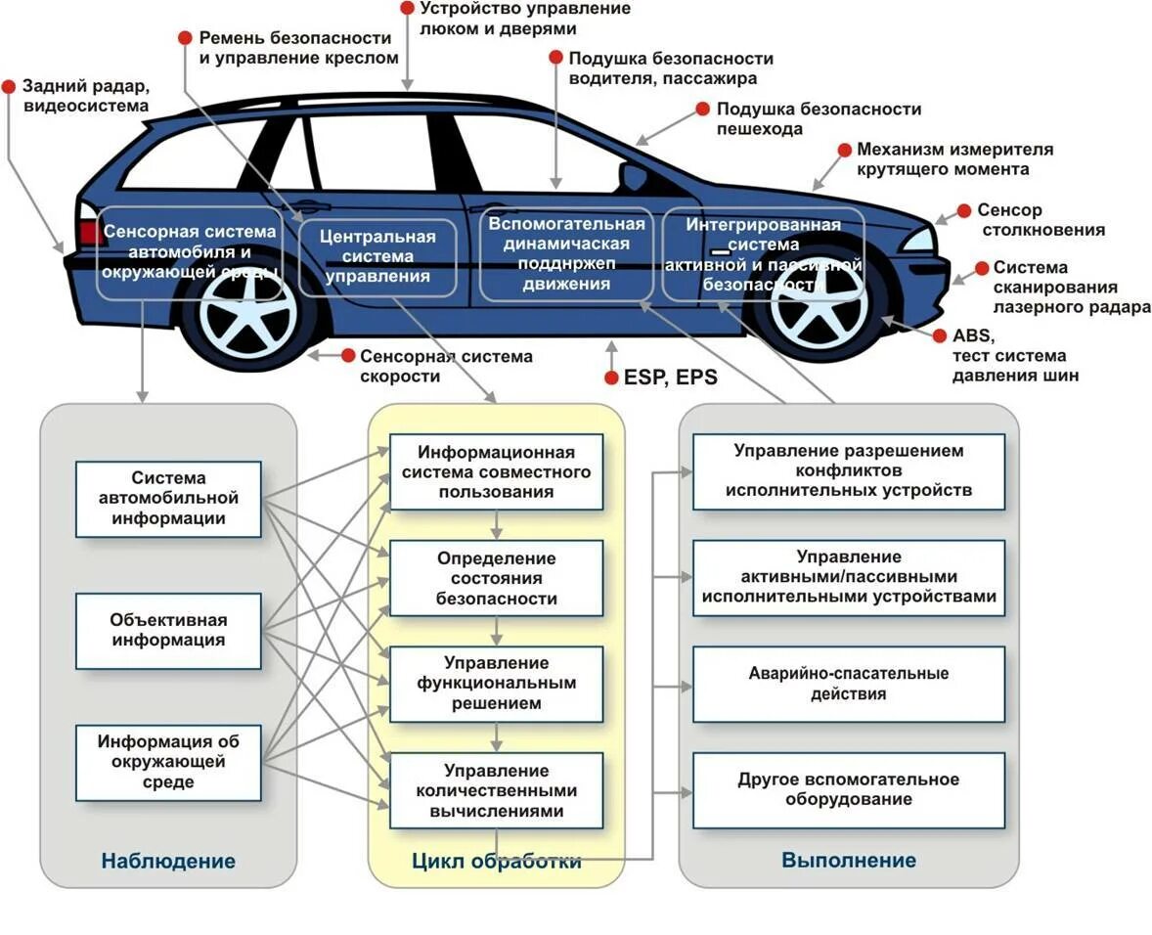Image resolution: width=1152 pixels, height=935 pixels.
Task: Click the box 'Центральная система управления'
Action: [377, 257]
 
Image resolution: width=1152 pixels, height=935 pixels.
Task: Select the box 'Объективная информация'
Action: [168, 631]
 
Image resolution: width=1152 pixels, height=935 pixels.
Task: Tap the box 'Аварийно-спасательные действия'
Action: [849, 684]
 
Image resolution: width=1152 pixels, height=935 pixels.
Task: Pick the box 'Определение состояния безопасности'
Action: [497, 578]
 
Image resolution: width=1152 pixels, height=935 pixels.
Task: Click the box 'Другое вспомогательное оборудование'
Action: [849, 789]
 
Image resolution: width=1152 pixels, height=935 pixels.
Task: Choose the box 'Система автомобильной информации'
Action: [168, 499]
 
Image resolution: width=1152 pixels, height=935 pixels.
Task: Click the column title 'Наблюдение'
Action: [168, 861]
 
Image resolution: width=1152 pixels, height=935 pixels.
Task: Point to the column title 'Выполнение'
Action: [849, 861]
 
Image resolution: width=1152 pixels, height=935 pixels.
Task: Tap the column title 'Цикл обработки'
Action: [497, 861]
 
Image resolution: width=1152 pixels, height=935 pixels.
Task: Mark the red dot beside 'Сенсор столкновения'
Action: [963, 210]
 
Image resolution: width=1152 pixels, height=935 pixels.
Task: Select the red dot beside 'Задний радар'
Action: [9, 85]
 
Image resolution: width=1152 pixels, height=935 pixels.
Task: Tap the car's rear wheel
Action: [248, 315]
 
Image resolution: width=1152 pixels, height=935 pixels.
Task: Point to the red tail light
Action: [89, 231]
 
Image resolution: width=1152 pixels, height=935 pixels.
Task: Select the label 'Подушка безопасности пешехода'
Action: [819, 118]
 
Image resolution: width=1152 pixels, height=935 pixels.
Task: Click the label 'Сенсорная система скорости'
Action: [446, 366]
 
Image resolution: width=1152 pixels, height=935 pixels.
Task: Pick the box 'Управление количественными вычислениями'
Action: [497, 790]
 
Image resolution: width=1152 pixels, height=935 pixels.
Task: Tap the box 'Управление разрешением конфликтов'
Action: [849, 470]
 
